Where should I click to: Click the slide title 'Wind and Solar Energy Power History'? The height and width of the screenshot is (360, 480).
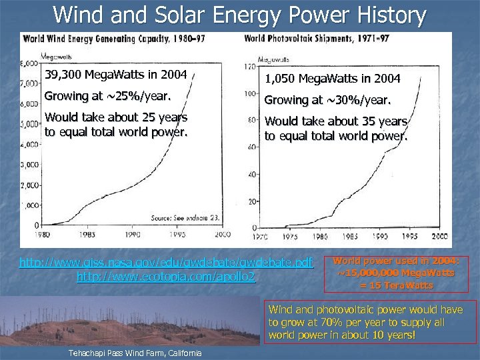pos(239,15)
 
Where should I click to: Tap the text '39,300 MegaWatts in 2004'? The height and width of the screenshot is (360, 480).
pos(115,73)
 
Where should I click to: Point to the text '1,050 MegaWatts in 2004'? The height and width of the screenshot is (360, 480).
pos(332,79)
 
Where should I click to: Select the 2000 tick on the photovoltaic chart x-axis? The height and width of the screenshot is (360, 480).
pos(439,237)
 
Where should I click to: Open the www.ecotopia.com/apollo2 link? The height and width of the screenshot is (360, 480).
pos(166,275)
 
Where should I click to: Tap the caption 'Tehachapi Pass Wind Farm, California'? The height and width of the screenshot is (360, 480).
pos(133,351)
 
